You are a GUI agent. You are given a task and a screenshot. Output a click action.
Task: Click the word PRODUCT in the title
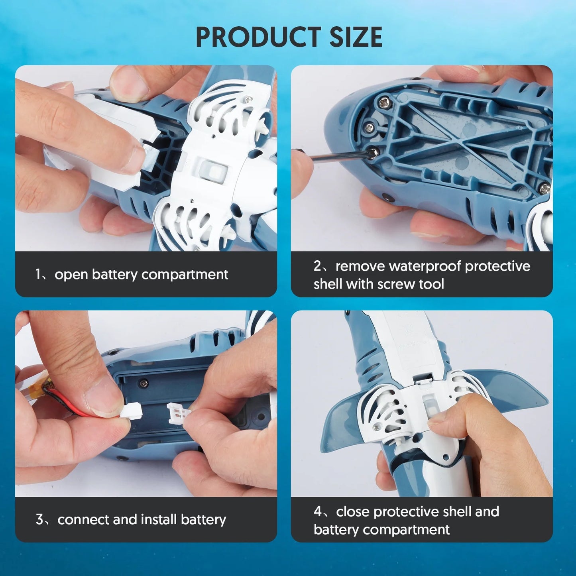coord(259,37)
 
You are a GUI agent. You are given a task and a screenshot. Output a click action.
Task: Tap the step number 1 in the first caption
coord(38,274)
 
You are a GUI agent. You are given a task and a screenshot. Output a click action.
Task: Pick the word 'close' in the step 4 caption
coord(353,511)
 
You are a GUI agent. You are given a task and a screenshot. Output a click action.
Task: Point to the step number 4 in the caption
coord(317,511)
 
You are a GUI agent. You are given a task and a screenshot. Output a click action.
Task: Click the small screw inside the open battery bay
coord(144,382)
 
